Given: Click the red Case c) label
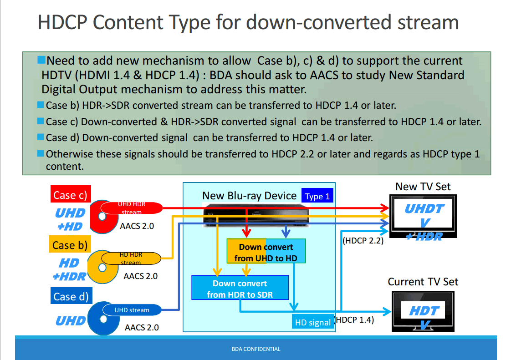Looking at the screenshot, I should click(69, 195).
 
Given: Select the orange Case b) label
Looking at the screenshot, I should click(69, 245).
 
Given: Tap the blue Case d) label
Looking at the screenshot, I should click(70, 297).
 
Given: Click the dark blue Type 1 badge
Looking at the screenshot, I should click(317, 196).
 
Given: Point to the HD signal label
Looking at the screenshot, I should click(312, 322).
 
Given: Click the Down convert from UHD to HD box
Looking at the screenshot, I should click(266, 252).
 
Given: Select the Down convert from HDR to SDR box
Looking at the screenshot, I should click(240, 289).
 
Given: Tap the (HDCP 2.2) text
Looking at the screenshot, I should click(363, 240).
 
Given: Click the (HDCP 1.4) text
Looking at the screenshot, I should click(354, 319).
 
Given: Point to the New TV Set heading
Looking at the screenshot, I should click(423, 186).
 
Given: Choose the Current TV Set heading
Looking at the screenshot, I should click(423, 282).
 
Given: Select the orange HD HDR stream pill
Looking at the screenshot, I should click(131, 259).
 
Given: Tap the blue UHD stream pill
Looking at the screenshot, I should click(132, 310).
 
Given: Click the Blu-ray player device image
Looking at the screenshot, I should click(255, 214).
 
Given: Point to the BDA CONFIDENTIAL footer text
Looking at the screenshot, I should click(256, 349).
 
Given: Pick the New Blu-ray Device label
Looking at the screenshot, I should click(249, 196).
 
